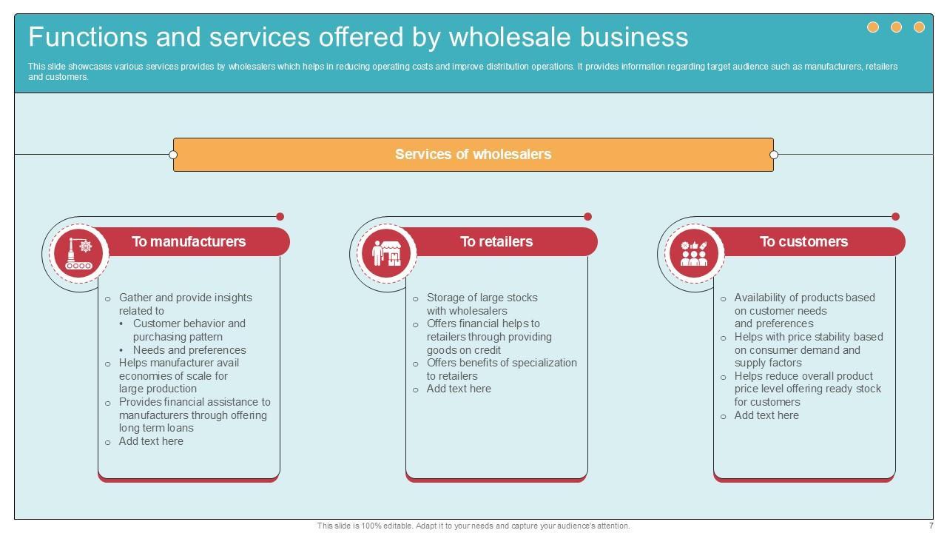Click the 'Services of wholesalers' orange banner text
(x=473, y=155)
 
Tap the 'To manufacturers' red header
(x=189, y=242)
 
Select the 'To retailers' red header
(x=496, y=242)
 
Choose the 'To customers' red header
(x=803, y=242)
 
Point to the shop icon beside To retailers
(x=386, y=253)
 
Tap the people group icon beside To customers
(x=694, y=253)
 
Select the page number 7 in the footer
(x=931, y=526)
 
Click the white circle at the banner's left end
(x=173, y=155)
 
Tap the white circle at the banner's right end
(x=774, y=155)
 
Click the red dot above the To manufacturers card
(x=280, y=217)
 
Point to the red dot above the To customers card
(x=896, y=217)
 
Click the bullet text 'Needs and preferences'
(x=189, y=350)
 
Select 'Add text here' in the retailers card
(x=459, y=389)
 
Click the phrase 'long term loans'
(x=156, y=428)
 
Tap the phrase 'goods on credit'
(x=464, y=350)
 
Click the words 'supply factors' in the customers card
(x=768, y=363)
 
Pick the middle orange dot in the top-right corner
(x=896, y=27)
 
